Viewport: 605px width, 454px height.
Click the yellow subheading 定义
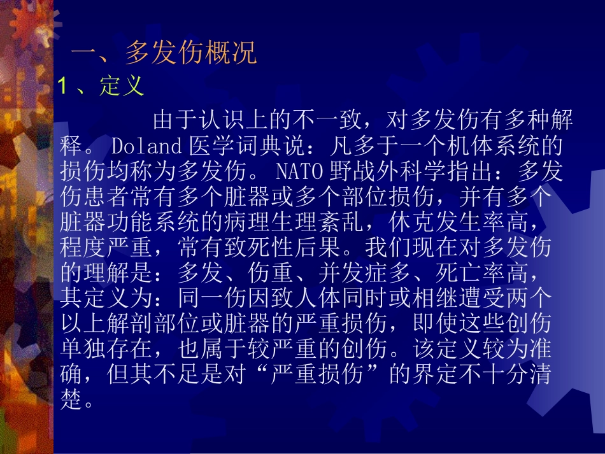[x=122, y=86]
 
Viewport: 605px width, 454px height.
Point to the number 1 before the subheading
[x=62, y=86]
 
